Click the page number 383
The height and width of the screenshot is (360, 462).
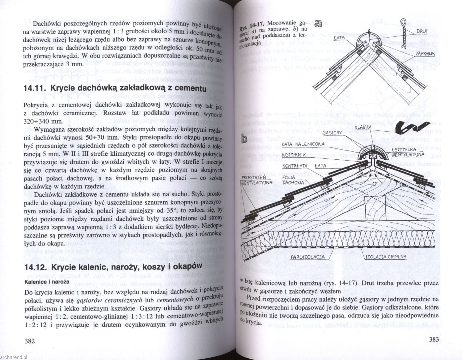[433, 339]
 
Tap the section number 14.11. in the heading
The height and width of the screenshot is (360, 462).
[35, 88]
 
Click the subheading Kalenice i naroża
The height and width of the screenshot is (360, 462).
[47, 282]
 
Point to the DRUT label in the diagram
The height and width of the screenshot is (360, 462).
[422, 31]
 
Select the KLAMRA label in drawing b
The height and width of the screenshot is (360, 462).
[363, 127]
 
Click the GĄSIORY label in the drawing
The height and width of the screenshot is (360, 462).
[332, 133]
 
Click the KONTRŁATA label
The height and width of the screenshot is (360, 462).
[295, 166]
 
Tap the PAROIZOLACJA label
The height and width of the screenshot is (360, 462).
[308, 257]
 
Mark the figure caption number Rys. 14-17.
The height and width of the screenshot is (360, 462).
[252, 26]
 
